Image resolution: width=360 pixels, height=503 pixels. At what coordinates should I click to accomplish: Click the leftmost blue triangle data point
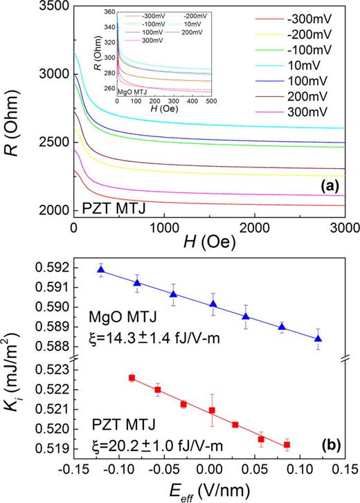[101, 270]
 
